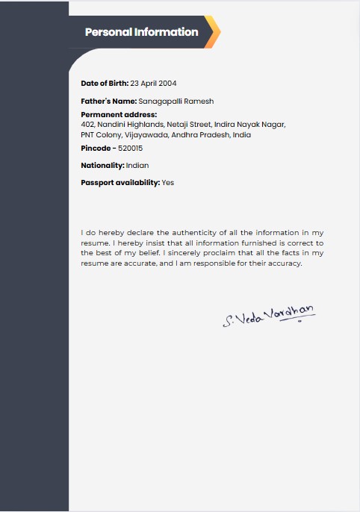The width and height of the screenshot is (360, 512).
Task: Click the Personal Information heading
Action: tap(141, 32)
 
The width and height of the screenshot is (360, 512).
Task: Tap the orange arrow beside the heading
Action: tap(213, 32)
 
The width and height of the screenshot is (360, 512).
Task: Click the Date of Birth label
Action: tap(105, 83)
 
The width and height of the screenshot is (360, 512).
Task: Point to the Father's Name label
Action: tap(109, 101)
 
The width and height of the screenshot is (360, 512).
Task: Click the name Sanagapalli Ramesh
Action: tap(176, 101)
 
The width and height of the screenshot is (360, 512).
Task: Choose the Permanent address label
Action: tap(119, 114)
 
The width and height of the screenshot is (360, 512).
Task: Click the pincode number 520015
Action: tap(131, 149)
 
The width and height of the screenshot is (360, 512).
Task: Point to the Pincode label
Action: tap(96, 149)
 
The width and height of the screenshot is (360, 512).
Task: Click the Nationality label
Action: tap(102, 165)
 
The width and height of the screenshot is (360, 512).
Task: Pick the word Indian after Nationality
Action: tap(137, 165)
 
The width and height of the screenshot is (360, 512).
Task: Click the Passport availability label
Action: tap(120, 182)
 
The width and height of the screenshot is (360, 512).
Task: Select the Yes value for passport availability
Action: tap(168, 182)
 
